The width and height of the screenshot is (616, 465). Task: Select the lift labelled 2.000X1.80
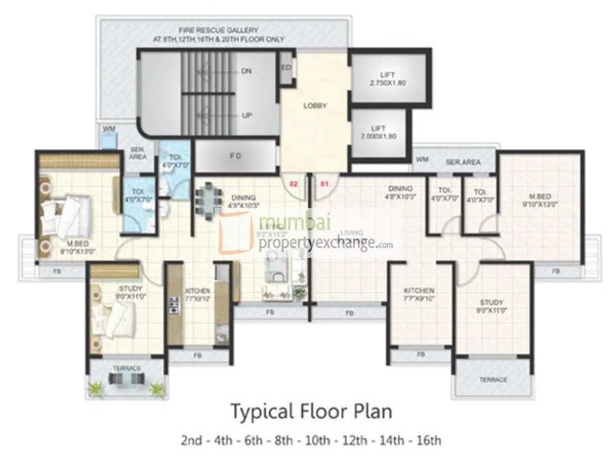tap(378, 132)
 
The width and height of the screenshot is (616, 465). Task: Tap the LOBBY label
tap(316, 106)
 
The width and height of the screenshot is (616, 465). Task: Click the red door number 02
tap(294, 183)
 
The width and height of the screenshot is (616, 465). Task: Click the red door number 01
tap(326, 183)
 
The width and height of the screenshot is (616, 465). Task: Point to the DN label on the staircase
tap(246, 71)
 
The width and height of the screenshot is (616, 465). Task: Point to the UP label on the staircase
tap(246, 116)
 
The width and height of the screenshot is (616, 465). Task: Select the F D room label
tap(235, 156)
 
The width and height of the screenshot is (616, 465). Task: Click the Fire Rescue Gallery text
tap(218, 35)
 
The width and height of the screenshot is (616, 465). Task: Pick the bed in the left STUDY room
tap(113, 318)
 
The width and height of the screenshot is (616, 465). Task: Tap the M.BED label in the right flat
tap(541, 198)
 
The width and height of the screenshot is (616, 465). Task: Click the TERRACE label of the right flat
tap(493, 380)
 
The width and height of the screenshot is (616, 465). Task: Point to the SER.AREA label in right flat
tap(463, 163)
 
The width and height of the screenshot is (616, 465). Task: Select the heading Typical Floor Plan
tap(311, 412)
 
